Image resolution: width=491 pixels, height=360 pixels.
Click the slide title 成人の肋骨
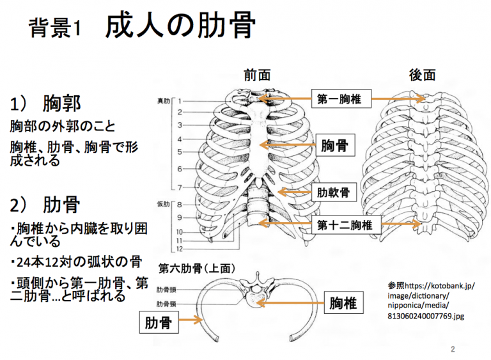click(181, 26)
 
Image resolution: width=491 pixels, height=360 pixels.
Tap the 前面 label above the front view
click(256, 75)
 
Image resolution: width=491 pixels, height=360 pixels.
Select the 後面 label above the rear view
click(422, 75)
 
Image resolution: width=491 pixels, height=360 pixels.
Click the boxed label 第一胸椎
click(339, 98)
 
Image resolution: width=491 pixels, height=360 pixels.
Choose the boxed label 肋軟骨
click(333, 191)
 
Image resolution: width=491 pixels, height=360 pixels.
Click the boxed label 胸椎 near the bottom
click(343, 303)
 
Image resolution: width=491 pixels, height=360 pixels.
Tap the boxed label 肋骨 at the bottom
click(157, 323)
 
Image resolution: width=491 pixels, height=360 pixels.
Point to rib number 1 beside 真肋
click(180, 101)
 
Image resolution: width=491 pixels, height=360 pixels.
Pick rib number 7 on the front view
click(180, 187)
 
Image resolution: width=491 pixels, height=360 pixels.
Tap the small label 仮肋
click(164, 204)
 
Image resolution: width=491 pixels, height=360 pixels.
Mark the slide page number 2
click(453, 350)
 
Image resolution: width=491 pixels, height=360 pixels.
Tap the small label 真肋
click(164, 101)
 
